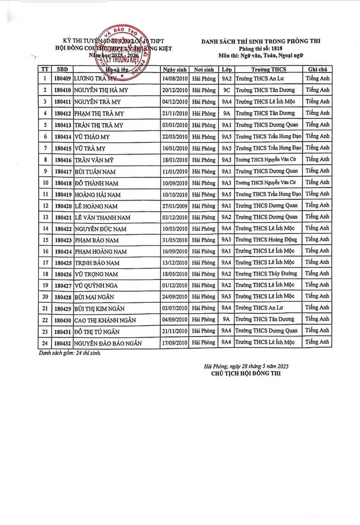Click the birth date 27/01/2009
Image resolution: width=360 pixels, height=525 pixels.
[175, 205]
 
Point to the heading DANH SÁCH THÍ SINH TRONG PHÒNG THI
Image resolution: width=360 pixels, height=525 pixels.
[261, 41]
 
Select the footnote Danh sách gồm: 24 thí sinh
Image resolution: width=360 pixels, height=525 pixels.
[69, 352]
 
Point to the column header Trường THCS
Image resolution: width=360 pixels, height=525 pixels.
[267, 69]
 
